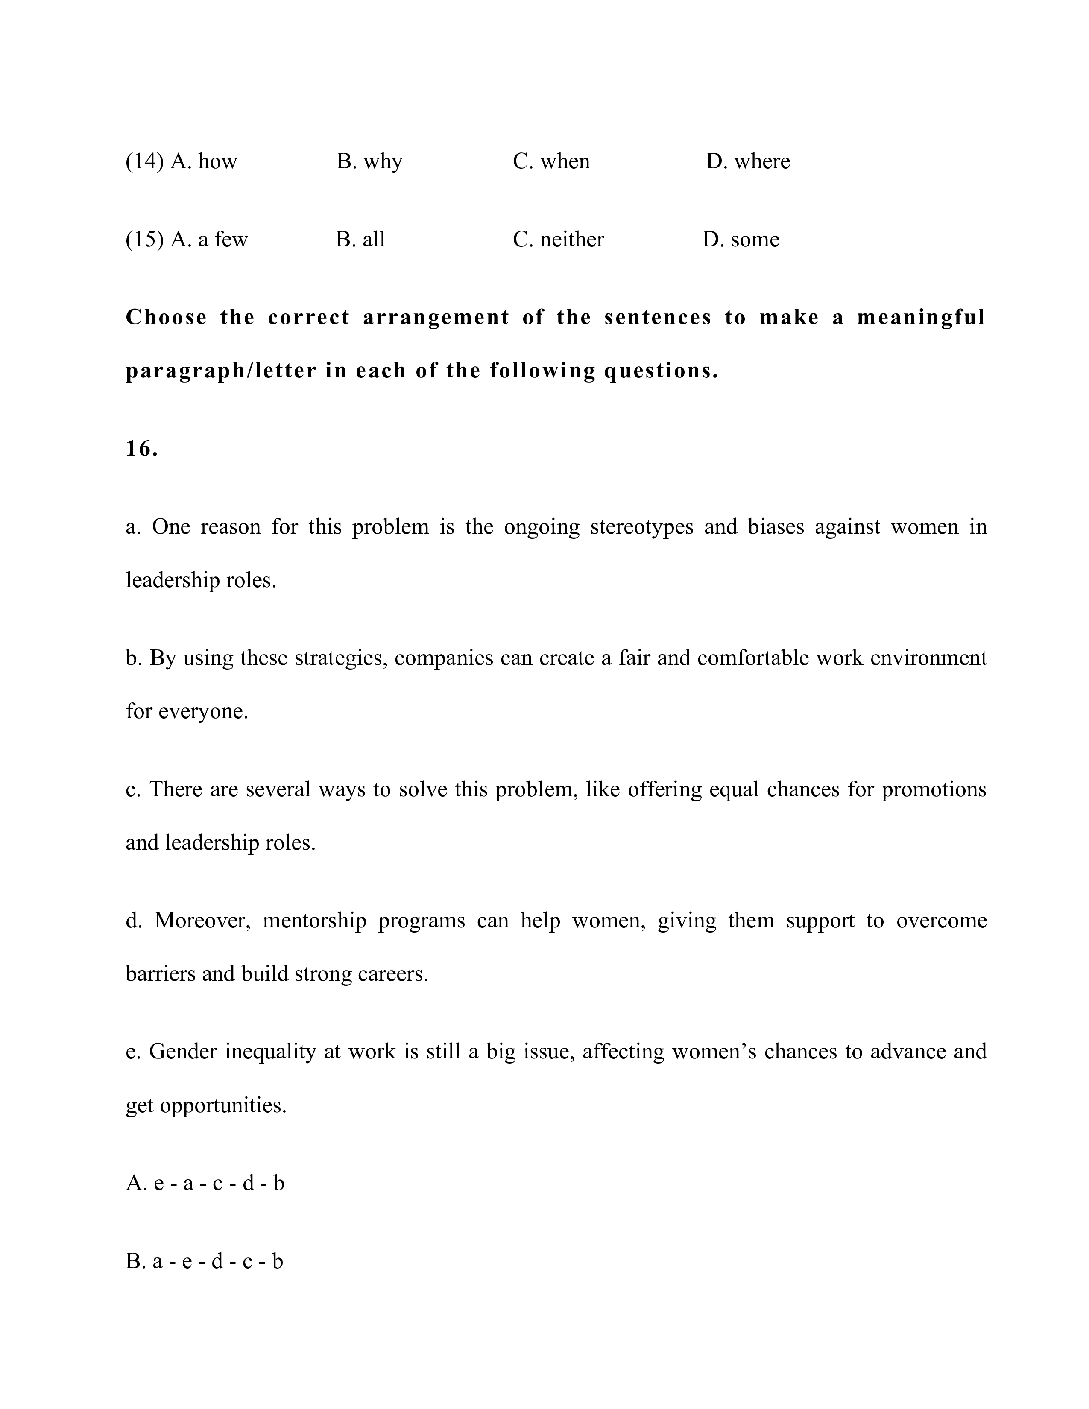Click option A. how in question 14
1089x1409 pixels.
coord(203,161)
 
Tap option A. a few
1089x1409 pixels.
coord(208,240)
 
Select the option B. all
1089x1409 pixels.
coord(360,240)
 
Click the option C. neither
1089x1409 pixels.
coord(558,240)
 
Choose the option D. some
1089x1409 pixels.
coord(741,240)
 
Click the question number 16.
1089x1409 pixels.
coord(141,448)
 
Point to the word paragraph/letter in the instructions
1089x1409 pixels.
coord(221,371)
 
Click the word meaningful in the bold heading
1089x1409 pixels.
coord(921,317)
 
